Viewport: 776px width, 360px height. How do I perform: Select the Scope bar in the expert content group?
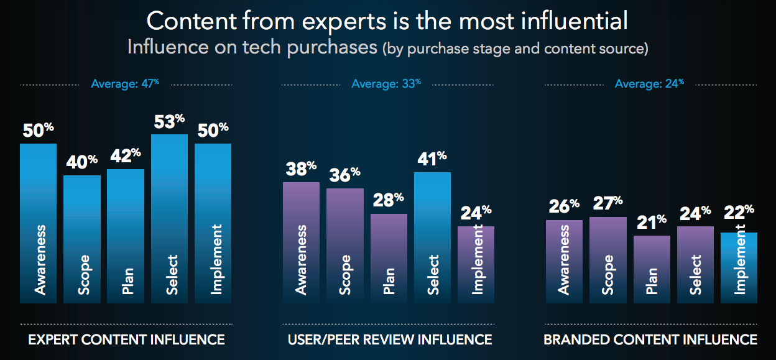coord(82,239)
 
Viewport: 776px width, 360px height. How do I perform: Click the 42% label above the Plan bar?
coord(125,157)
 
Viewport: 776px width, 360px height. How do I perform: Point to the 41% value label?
coord(432,160)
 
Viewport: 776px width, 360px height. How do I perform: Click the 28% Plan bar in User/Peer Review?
coord(389,259)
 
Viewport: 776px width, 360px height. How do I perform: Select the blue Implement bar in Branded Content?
coord(739,268)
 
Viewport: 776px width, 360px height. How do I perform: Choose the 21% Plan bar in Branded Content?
coord(652,269)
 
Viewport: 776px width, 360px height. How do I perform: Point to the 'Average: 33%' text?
coord(386,83)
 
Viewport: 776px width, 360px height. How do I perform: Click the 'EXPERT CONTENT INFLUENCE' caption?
coord(126,339)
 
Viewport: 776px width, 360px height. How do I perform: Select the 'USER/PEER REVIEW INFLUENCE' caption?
coord(390,339)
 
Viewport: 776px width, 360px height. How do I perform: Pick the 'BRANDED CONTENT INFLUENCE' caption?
coord(650,339)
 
